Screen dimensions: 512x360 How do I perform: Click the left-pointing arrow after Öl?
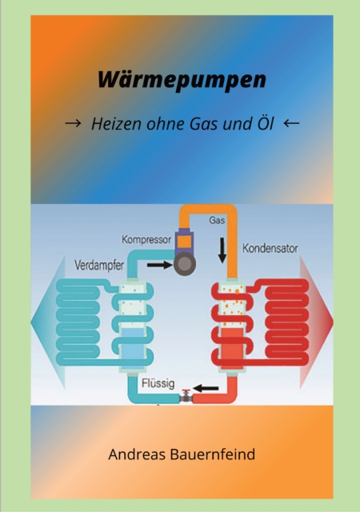[291, 124]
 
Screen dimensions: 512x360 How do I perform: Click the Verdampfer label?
[100, 266]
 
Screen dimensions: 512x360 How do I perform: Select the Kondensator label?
[270, 248]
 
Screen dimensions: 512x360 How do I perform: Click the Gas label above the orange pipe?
[217, 219]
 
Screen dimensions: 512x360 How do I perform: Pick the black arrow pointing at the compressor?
[159, 264]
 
